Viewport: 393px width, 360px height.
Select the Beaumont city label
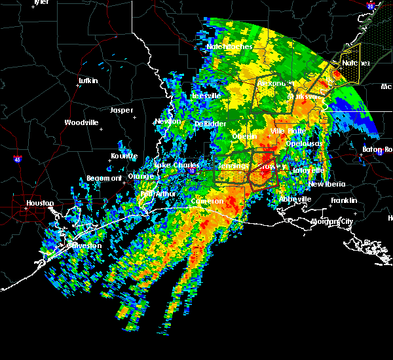click(x=104, y=178)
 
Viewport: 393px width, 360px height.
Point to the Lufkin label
click(x=88, y=81)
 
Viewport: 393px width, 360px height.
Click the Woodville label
click(x=81, y=122)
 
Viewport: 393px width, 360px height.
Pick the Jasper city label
click(x=121, y=110)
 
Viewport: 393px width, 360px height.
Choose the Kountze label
click(x=124, y=156)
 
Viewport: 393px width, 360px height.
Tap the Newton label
click(x=167, y=121)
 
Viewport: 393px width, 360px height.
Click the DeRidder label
click(x=209, y=124)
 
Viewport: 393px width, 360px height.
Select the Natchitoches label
click(x=229, y=47)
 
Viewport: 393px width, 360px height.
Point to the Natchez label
click(x=356, y=63)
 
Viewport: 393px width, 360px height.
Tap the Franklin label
click(x=344, y=200)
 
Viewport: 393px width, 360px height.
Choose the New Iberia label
click(x=326, y=184)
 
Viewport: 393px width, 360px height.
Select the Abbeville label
click(x=295, y=199)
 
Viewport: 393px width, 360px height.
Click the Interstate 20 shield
click(x=370, y=6)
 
